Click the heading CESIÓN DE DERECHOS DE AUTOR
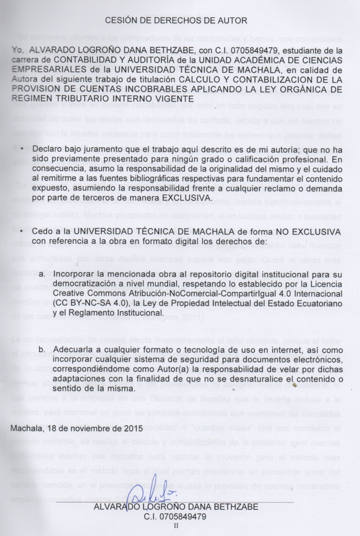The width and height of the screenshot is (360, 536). (176, 21)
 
